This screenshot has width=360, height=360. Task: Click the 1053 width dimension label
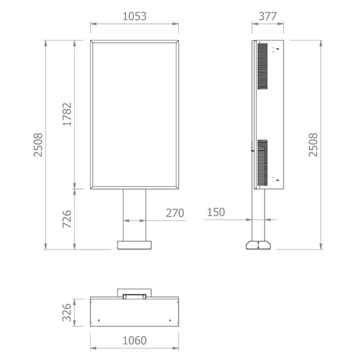click(x=134, y=16)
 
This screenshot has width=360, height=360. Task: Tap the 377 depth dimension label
click(x=268, y=16)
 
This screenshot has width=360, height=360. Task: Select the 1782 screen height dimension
click(x=67, y=115)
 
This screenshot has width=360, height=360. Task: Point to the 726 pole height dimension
click(x=67, y=219)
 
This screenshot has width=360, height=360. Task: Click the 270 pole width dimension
click(x=175, y=213)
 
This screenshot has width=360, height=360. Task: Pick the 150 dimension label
click(x=216, y=212)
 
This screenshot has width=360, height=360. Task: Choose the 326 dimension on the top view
click(x=67, y=312)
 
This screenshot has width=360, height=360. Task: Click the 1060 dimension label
click(x=134, y=340)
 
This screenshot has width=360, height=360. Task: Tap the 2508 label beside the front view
click(x=38, y=145)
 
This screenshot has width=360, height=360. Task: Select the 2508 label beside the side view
click(x=313, y=145)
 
